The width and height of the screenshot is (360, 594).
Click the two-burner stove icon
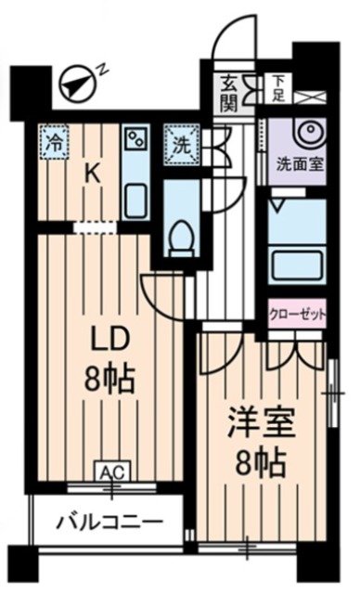pos(136,143)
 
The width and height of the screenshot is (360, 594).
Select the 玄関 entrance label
pos(229,93)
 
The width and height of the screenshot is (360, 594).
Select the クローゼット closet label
pos(298,314)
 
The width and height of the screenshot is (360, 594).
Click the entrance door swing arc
pos(229,42)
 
